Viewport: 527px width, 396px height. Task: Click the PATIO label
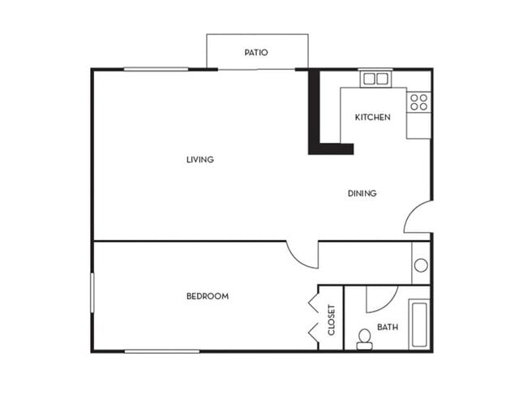tap(256, 53)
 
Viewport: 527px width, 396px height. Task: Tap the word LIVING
tap(199, 159)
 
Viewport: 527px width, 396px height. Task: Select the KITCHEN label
tap(372, 117)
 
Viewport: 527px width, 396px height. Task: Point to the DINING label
tap(362, 193)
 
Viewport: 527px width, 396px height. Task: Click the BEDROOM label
tap(208, 296)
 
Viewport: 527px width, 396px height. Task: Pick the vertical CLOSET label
tap(331, 320)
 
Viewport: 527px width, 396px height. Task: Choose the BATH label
tap(388, 327)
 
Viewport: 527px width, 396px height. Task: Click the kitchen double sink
tap(375, 79)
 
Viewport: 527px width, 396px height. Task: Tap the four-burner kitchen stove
tap(418, 101)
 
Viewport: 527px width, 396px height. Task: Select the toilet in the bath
tap(364, 335)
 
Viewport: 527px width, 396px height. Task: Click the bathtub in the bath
tap(419, 324)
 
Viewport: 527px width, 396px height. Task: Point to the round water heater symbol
tap(421, 265)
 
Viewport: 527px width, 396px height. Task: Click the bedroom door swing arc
tap(302, 255)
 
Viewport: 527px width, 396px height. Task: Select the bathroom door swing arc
tap(381, 299)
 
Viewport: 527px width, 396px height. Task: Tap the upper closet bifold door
tap(312, 302)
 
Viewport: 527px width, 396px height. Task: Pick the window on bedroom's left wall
tap(92, 292)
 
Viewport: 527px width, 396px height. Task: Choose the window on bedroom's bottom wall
tap(162, 351)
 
